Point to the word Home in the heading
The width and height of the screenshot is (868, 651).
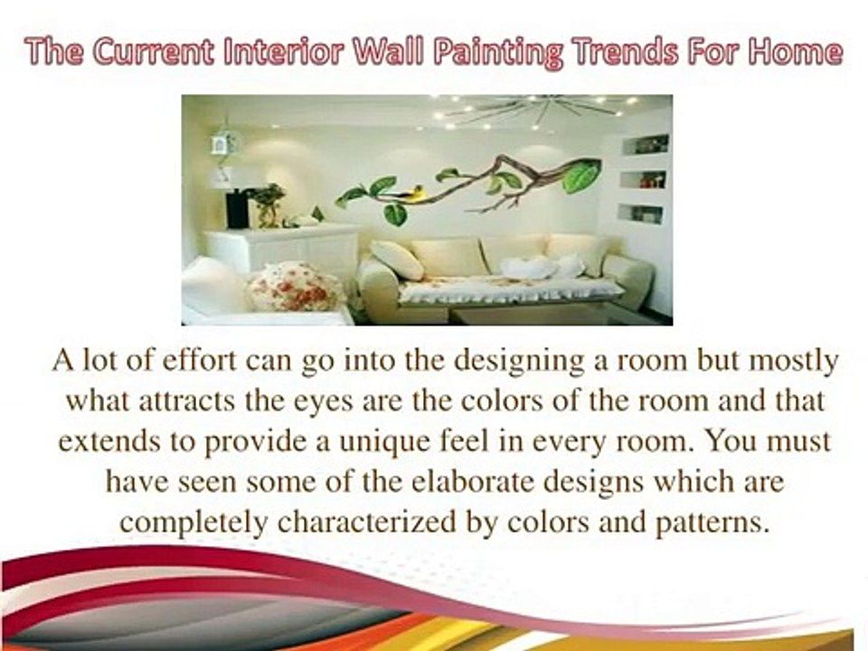[793, 53]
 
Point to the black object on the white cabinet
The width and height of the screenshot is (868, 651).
[238, 210]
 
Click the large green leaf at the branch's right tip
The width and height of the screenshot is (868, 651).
[580, 175]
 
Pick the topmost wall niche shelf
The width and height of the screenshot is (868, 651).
[646, 144]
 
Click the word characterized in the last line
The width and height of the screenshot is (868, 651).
[403, 524]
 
